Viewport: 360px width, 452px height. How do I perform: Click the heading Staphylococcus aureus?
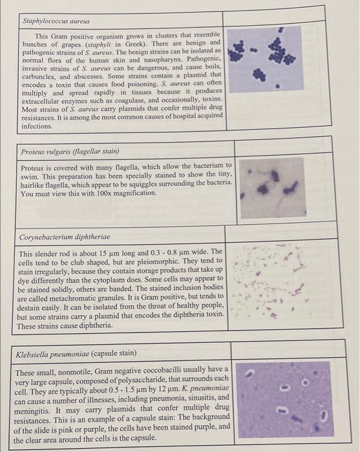pos(56,21)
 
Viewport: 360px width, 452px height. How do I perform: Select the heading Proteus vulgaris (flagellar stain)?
pos(70,151)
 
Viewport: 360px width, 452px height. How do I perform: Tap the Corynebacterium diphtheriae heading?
pos(63,237)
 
